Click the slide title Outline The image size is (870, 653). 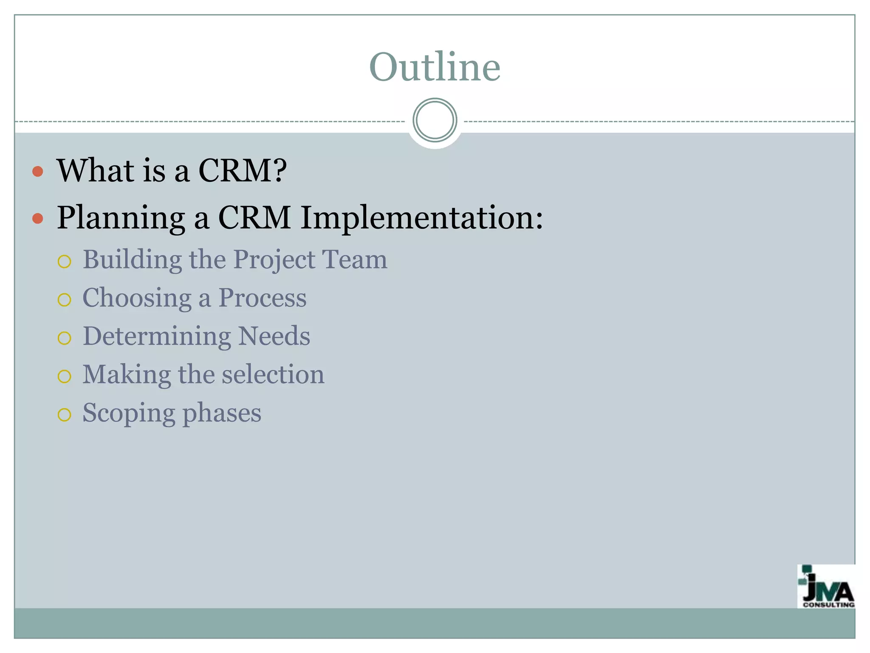pyautogui.click(x=435, y=67)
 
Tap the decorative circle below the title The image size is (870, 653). pyautogui.click(x=435, y=120)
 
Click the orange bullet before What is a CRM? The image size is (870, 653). pyautogui.click(x=38, y=171)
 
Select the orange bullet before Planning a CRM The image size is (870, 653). pyautogui.click(x=38, y=219)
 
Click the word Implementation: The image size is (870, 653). pyautogui.click(x=421, y=218)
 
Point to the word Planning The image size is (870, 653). pyautogui.click(x=121, y=219)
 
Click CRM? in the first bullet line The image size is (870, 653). pyautogui.click(x=243, y=170)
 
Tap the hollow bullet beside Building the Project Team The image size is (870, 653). pyautogui.click(x=64, y=261)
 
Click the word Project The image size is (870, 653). pyautogui.click(x=274, y=260)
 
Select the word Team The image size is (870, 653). pyautogui.click(x=354, y=259)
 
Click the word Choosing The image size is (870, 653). pyautogui.click(x=137, y=298)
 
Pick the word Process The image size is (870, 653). pyautogui.click(x=262, y=298)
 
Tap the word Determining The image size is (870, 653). pyautogui.click(x=156, y=337)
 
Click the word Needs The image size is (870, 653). pyautogui.click(x=274, y=336)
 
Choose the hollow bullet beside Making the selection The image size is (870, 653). pyautogui.click(x=64, y=376)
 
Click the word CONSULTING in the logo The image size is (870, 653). pyautogui.click(x=828, y=605)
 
